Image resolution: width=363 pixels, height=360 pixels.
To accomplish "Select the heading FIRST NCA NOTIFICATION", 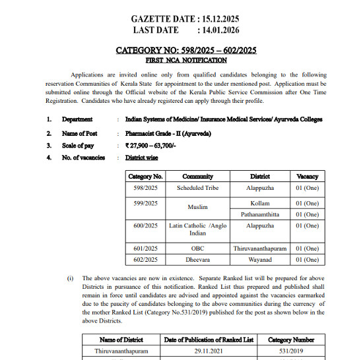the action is (x=186, y=60).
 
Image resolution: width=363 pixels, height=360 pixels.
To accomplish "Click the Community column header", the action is (x=197, y=177).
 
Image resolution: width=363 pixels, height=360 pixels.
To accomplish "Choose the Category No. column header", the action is (x=145, y=177).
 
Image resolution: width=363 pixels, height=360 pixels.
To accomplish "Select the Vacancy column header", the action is (x=307, y=177).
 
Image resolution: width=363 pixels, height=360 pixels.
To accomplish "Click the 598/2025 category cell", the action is (x=145, y=188).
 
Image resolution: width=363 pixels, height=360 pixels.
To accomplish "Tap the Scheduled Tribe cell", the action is (x=197, y=188).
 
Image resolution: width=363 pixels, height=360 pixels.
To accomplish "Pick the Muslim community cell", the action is (x=197, y=207).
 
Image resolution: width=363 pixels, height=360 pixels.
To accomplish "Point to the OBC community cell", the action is (x=197, y=249).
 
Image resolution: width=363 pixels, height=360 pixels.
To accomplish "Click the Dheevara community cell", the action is (x=197, y=260).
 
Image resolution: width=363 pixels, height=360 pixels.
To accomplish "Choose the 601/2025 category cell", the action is (x=145, y=249).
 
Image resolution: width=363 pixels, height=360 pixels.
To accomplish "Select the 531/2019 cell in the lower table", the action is (x=284, y=351).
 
